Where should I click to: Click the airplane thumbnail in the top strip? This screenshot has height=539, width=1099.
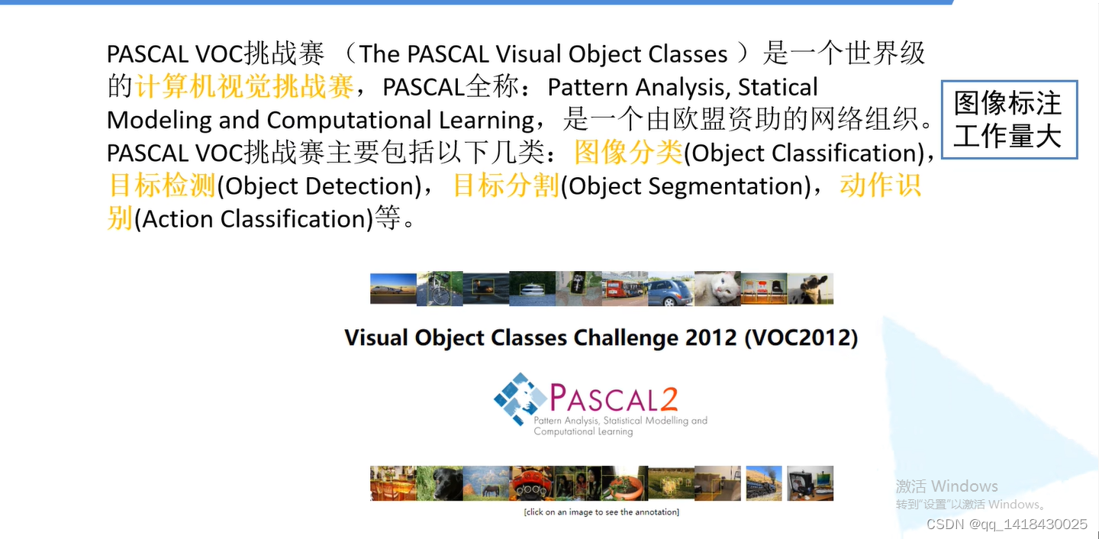click(x=393, y=289)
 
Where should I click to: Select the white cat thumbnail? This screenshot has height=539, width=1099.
click(x=717, y=289)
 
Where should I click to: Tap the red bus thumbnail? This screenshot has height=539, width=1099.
click(x=624, y=289)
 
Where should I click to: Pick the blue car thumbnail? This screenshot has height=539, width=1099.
click(x=671, y=289)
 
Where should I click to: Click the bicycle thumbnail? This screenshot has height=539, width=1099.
click(x=440, y=289)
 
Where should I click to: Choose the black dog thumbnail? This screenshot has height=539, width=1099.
click(x=440, y=483)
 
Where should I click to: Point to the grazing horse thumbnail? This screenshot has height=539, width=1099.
click(x=486, y=483)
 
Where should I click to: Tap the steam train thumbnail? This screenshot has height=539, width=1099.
click(x=764, y=483)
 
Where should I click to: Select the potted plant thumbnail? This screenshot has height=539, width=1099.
click(x=624, y=483)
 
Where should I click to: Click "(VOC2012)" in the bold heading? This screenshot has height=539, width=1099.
click(x=801, y=337)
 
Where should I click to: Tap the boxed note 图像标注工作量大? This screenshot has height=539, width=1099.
click(x=1008, y=119)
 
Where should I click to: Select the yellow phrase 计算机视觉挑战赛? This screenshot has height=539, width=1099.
click(x=244, y=87)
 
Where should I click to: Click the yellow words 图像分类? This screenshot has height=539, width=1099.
click(x=628, y=153)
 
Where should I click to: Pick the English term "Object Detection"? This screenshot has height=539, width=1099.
click(x=319, y=186)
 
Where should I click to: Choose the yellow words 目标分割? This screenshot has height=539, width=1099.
click(x=506, y=186)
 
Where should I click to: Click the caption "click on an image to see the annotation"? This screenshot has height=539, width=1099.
click(x=601, y=512)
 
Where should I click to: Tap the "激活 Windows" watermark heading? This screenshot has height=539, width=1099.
click(x=946, y=486)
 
